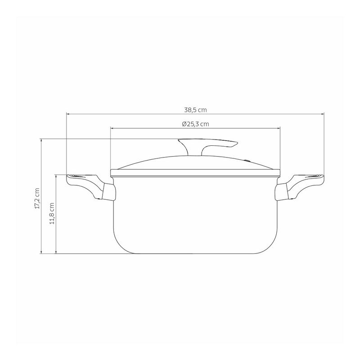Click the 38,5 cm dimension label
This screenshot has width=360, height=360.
pos(195,110)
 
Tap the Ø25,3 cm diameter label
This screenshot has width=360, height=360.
pos(195,124)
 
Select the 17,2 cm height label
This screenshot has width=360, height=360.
pos(37,198)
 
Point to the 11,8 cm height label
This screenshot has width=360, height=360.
pos(52,213)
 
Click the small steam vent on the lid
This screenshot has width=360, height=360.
pos(247,160)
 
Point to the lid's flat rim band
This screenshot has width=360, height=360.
pos(195,173)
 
